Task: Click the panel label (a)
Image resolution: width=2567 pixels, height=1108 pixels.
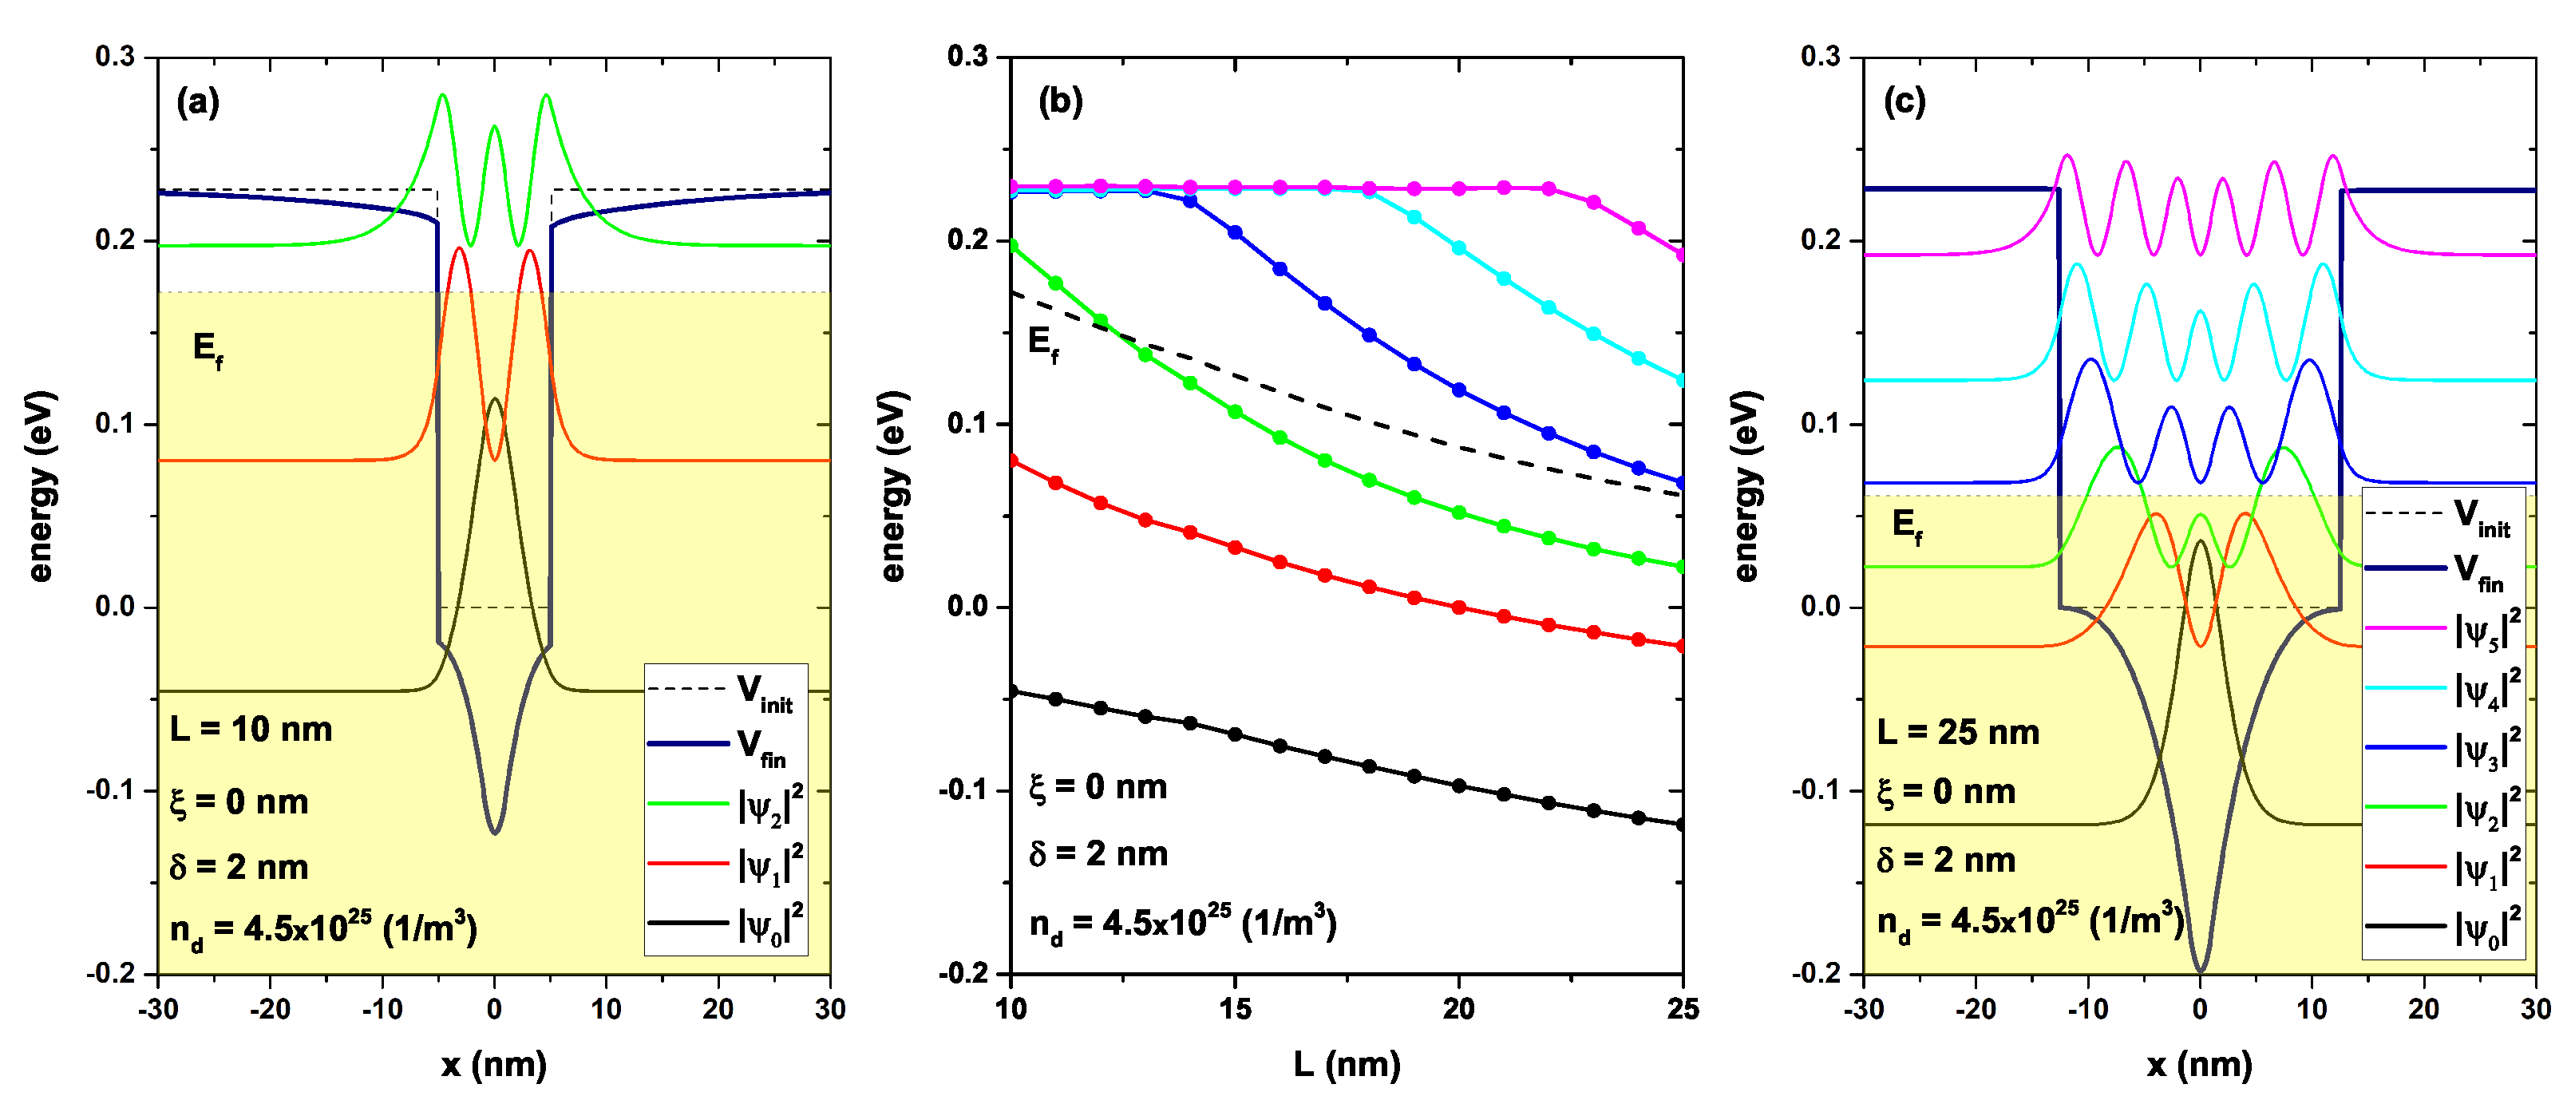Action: (x=197, y=103)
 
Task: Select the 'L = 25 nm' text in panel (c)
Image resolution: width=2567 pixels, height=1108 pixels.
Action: (x=1958, y=732)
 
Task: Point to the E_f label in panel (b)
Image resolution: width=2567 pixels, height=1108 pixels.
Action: (x=1043, y=344)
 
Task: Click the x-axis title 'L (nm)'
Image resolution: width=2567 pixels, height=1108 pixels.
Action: (x=1347, y=1064)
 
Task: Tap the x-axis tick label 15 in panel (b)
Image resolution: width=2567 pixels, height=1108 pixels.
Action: (x=1235, y=1009)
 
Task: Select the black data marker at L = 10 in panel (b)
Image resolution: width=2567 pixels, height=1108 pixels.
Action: (x=1011, y=691)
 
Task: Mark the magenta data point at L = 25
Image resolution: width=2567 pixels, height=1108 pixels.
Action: (x=1682, y=255)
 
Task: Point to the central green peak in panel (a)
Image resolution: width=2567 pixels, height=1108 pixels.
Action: (x=494, y=128)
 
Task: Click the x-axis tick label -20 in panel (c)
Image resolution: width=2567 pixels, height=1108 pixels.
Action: (x=1975, y=1009)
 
